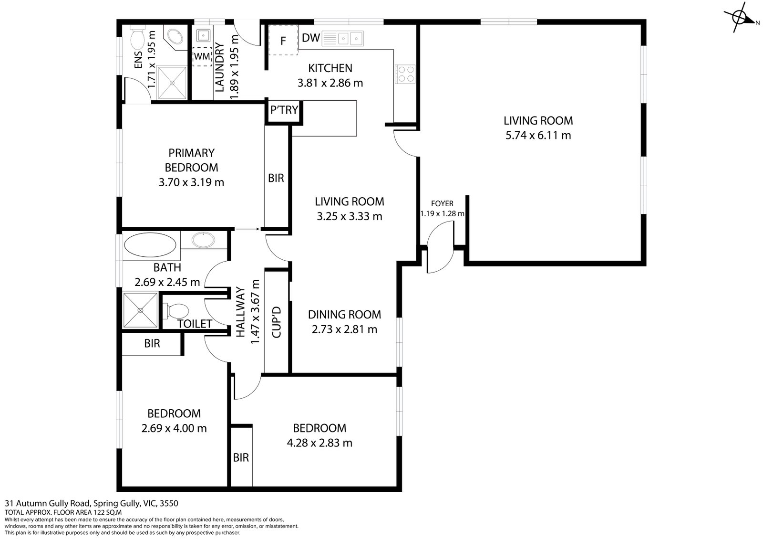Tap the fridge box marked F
pos(283,41)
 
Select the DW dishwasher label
pos(311,38)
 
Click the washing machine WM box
pos(202,56)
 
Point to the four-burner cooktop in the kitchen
pos(405,74)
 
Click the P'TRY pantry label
pos(284,110)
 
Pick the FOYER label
pos(442,203)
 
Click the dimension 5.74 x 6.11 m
pos(538,135)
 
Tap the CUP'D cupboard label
pos(277,322)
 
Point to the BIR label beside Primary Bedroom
pos(276,178)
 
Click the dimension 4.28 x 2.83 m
pos(319,443)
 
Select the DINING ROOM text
pos(344,315)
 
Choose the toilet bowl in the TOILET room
pos(177,311)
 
